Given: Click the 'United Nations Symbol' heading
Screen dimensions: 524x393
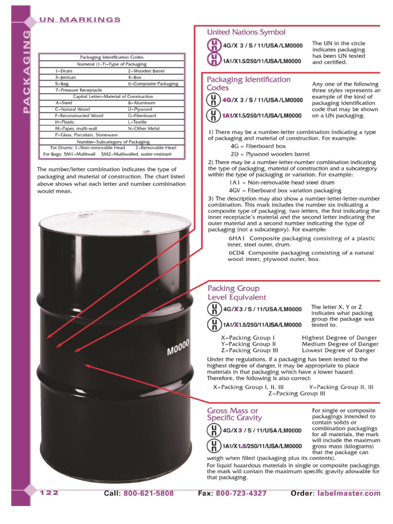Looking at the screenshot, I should pos(246,32).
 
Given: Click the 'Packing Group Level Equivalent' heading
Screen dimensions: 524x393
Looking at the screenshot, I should pos(236,293).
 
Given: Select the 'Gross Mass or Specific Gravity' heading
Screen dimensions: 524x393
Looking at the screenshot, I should pos(234,414).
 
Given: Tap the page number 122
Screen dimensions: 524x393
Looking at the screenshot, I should pos(49,493).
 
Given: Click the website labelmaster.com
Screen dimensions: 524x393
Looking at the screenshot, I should pos(350,494).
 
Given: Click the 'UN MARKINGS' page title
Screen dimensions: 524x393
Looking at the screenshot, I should pos(80,19).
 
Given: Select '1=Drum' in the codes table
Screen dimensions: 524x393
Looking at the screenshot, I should pos(64,71).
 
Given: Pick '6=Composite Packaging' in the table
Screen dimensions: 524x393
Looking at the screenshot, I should pos(153,83).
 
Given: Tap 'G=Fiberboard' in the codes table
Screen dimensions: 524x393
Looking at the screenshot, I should pos(142,116).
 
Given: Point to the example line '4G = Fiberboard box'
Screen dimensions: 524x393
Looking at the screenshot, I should pos(258,146).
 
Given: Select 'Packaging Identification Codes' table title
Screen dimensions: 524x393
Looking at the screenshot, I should pos(112,57).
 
